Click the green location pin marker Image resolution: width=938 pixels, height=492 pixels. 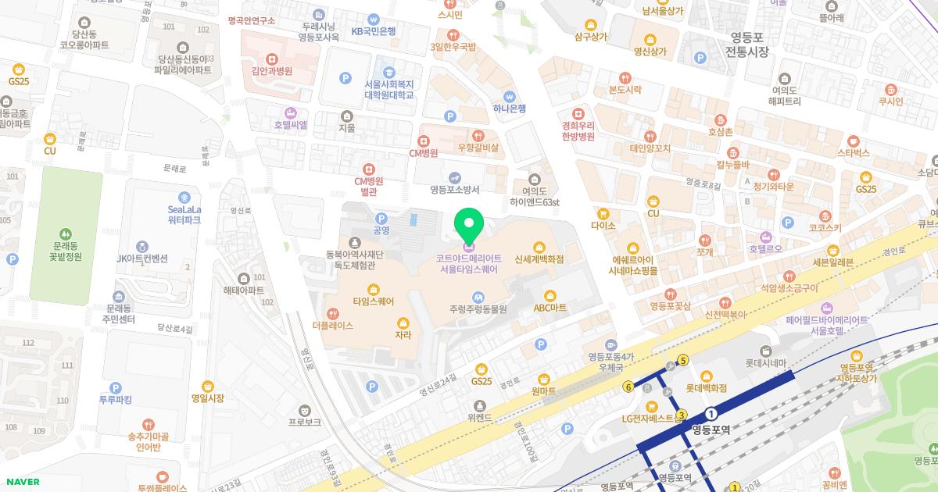point(469,226)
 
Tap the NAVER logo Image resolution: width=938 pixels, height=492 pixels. point(23,482)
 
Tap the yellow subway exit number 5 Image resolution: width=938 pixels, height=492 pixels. point(683,360)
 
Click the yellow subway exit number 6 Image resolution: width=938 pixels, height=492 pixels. point(628,387)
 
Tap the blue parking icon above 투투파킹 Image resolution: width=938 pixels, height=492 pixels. point(116,387)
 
